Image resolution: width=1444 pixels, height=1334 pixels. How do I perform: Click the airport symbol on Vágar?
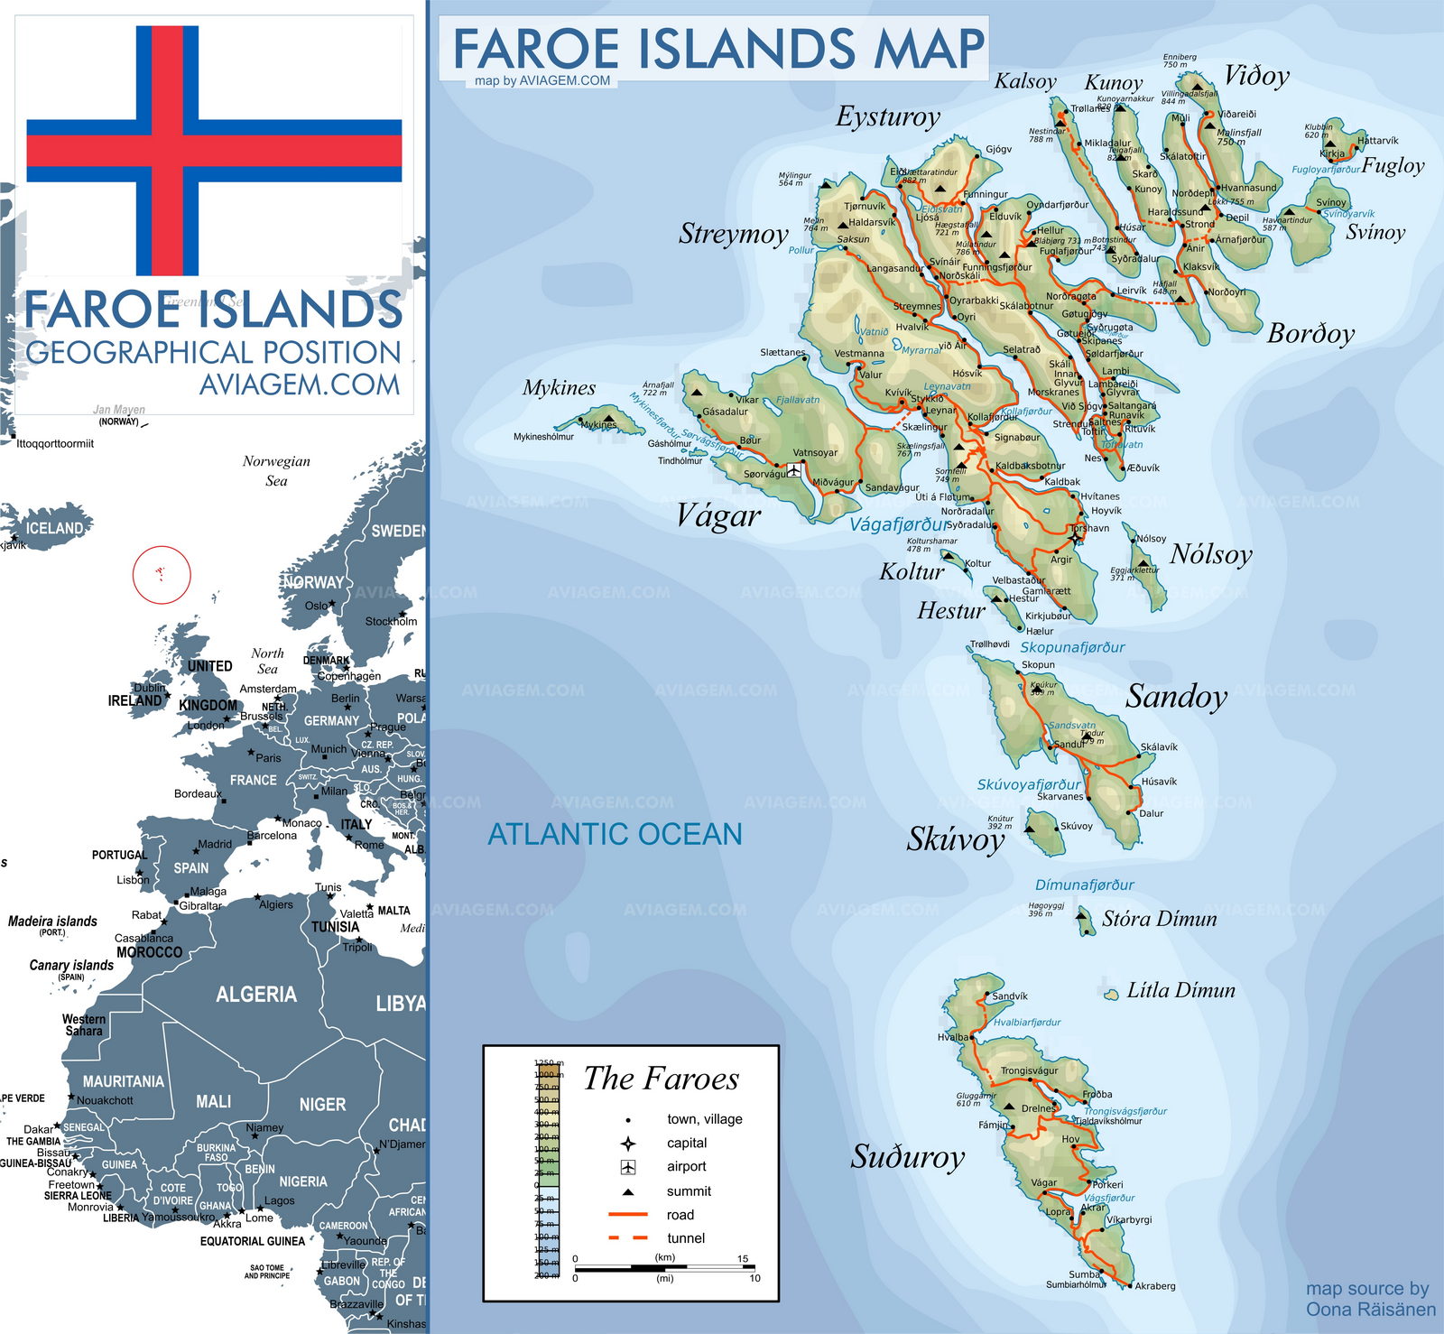(x=794, y=470)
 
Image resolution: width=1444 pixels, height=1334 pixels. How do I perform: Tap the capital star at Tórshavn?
(x=1075, y=538)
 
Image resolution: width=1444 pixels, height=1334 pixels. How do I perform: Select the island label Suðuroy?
(x=907, y=1156)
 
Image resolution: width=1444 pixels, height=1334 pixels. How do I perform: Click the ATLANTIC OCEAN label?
(x=615, y=834)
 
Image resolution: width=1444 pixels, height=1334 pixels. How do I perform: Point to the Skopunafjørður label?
(x=1072, y=647)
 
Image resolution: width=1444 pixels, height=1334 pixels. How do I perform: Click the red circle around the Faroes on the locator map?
(x=162, y=574)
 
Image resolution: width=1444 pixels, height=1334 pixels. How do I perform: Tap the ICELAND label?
(x=54, y=528)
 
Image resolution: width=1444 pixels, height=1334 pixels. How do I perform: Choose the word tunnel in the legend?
(x=686, y=1238)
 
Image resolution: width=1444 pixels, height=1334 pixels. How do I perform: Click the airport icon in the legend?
(x=628, y=1167)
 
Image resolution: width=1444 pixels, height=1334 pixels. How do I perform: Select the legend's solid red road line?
(x=628, y=1215)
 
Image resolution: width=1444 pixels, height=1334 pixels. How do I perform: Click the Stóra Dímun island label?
(x=1159, y=920)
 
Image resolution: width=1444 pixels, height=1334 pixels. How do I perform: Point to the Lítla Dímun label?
(x=1180, y=990)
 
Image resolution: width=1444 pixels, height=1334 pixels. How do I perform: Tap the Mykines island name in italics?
(x=559, y=388)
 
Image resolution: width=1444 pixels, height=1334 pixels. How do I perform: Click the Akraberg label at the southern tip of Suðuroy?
(x=1155, y=1286)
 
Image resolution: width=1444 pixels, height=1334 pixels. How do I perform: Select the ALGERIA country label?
(x=255, y=995)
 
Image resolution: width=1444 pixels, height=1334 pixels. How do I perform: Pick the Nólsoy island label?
(x=1210, y=554)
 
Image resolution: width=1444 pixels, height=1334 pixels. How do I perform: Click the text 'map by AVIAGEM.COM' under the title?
(x=542, y=80)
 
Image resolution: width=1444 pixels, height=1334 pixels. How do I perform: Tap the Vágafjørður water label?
(x=899, y=524)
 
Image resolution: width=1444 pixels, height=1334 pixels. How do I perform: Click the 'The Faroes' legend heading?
(x=661, y=1079)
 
